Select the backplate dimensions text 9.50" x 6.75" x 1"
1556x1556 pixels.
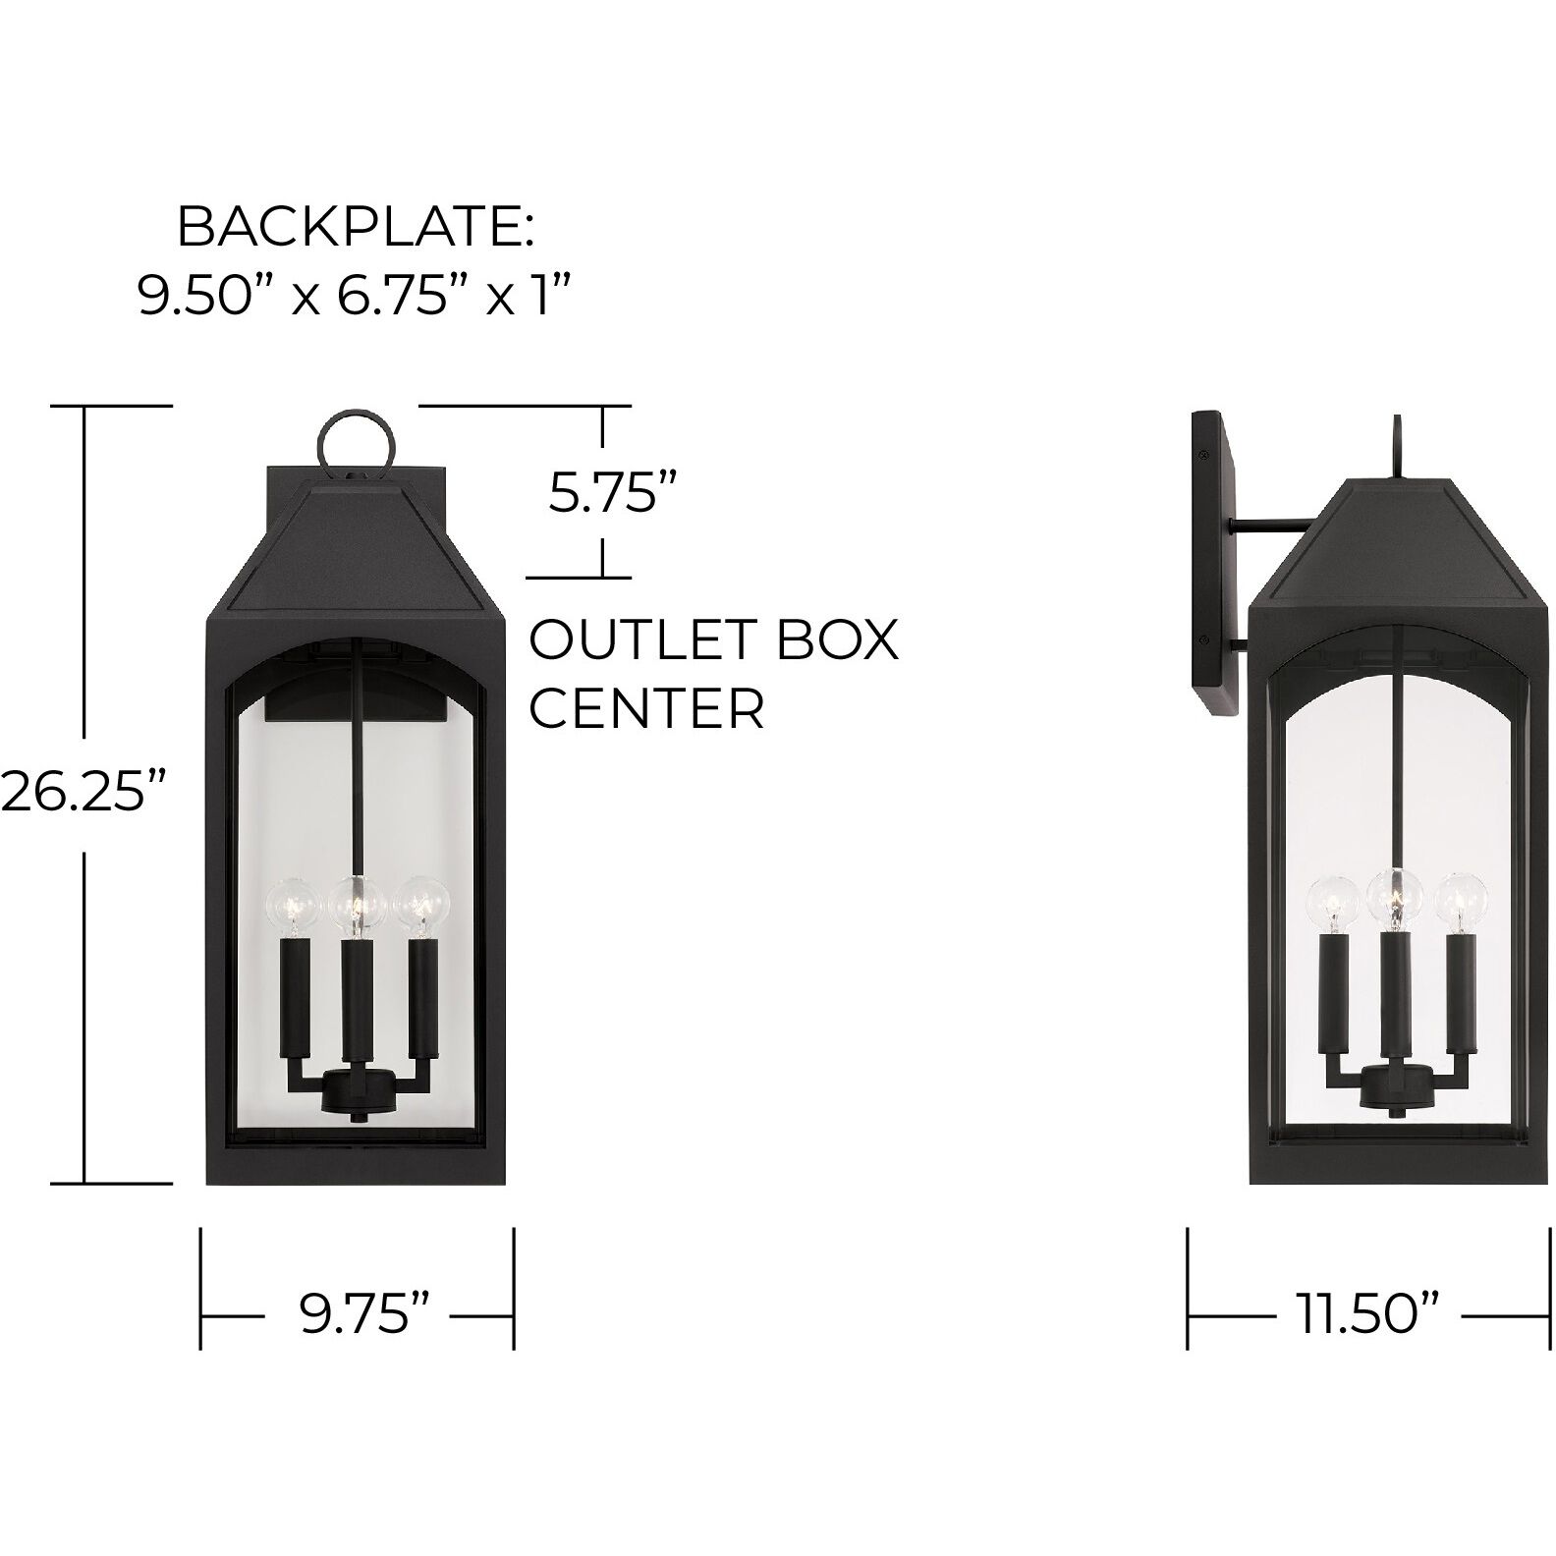pyautogui.click(x=354, y=295)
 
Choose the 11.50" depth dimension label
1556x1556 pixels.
pyautogui.click(x=1370, y=1314)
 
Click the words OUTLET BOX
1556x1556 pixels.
pyautogui.click(x=713, y=640)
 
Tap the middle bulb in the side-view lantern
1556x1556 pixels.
pyautogui.click(x=1395, y=893)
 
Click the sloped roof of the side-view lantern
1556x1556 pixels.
pyautogui.click(x=1396, y=550)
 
